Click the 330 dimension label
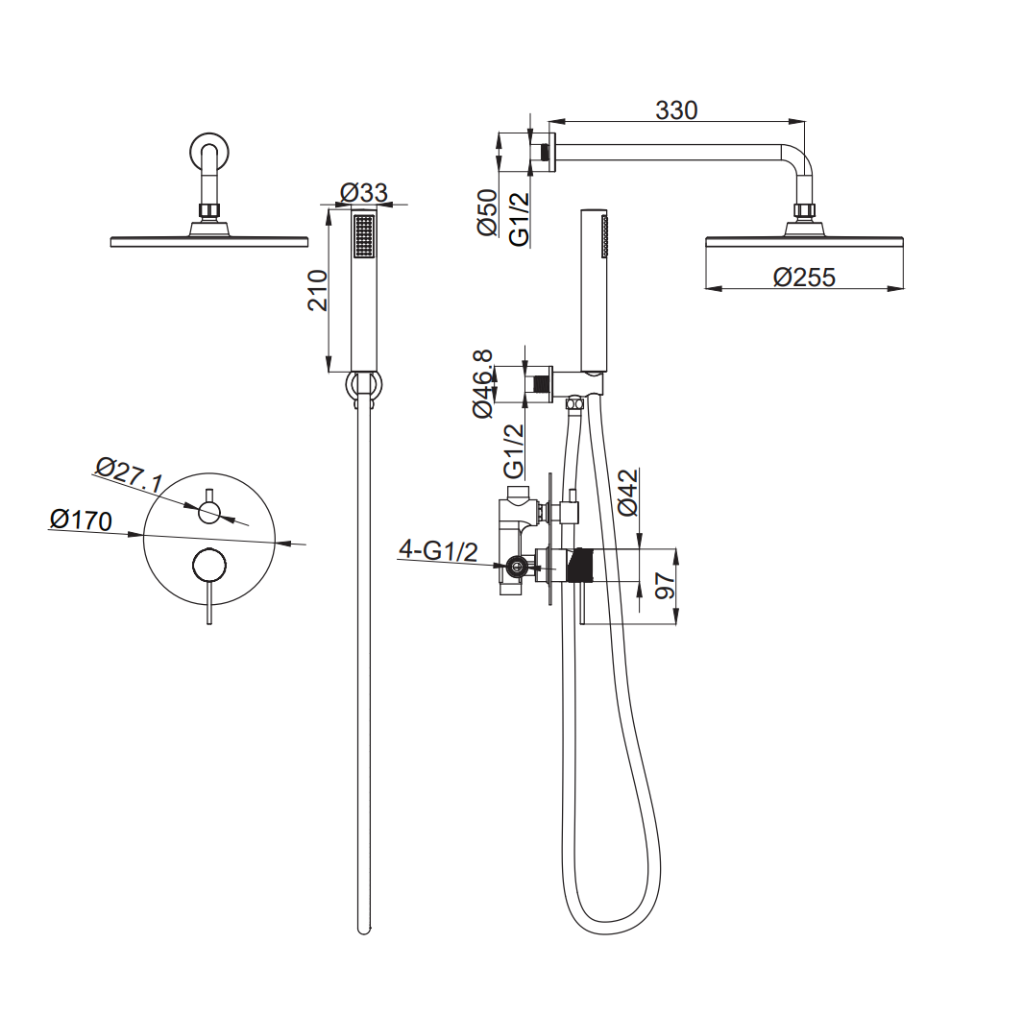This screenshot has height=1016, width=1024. [676, 110]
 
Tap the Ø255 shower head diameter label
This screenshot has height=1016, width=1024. [804, 277]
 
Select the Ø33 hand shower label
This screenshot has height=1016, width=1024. [364, 193]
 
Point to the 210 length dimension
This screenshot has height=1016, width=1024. [317, 290]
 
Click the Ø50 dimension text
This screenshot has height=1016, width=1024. [488, 212]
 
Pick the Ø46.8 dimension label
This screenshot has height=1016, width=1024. [482, 384]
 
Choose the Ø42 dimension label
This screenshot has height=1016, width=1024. [627, 493]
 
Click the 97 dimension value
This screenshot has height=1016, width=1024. [664, 585]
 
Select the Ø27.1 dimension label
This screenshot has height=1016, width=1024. [130, 474]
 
